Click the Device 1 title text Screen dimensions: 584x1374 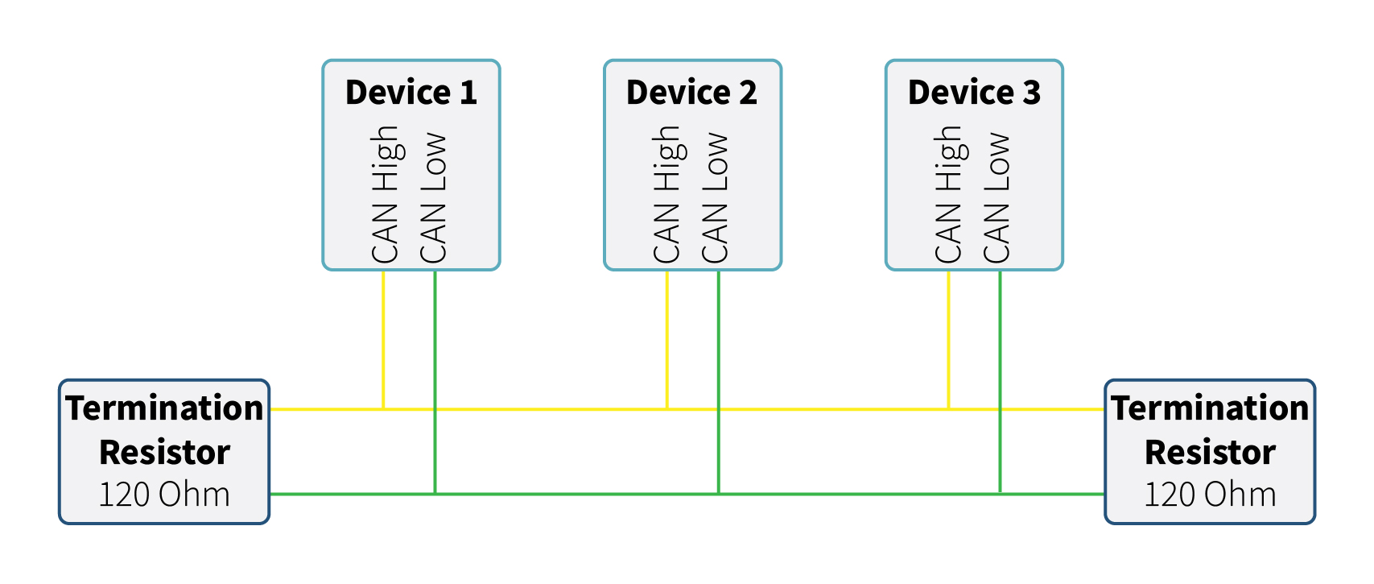click(411, 93)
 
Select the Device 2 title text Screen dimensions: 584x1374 click(691, 93)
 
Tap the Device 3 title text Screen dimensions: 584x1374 click(974, 93)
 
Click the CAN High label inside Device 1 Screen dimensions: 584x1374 click(385, 195)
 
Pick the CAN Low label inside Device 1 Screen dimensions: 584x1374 click(433, 198)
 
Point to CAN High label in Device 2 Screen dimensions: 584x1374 click(666, 195)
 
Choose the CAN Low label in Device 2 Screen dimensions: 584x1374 click(715, 198)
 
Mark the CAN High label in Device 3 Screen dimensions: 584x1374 click(948, 195)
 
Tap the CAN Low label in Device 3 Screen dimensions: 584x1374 click(996, 198)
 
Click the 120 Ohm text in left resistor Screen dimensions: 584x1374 click(164, 495)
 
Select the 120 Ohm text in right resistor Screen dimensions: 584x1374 click(1210, 495)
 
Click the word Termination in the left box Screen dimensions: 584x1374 click(164, 408)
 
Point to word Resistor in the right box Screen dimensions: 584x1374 click(1210, 452)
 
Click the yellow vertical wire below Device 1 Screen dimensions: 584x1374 click(383, 338)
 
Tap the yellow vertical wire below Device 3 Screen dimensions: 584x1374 click(948, 338)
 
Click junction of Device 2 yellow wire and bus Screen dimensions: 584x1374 click(667, 409)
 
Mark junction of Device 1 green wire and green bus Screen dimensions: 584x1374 click(435, 494)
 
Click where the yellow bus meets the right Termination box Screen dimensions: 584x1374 click(1104, 409)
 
